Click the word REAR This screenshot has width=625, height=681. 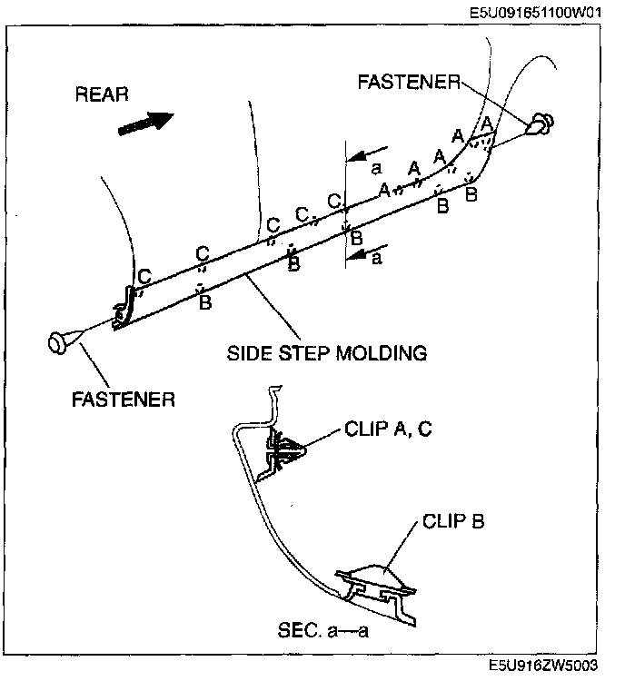pos(103,94)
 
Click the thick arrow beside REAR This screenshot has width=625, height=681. pos(146,122)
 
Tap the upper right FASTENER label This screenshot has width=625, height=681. pos(409,82)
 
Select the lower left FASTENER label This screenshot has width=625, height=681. pos(124,399)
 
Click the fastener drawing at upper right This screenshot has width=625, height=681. pos(541,123)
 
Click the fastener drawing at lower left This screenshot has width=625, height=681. pos(63,343)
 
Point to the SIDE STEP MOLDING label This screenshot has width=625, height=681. pos(326,352)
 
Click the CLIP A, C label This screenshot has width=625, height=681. pos(388,429)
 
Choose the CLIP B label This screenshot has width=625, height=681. pos(453,522)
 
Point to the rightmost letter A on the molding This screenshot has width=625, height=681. pos(487,122)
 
